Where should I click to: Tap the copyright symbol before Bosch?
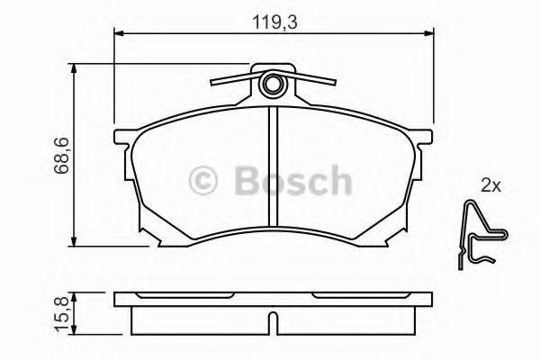[204, 182]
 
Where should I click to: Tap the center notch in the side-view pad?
[273, 320]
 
